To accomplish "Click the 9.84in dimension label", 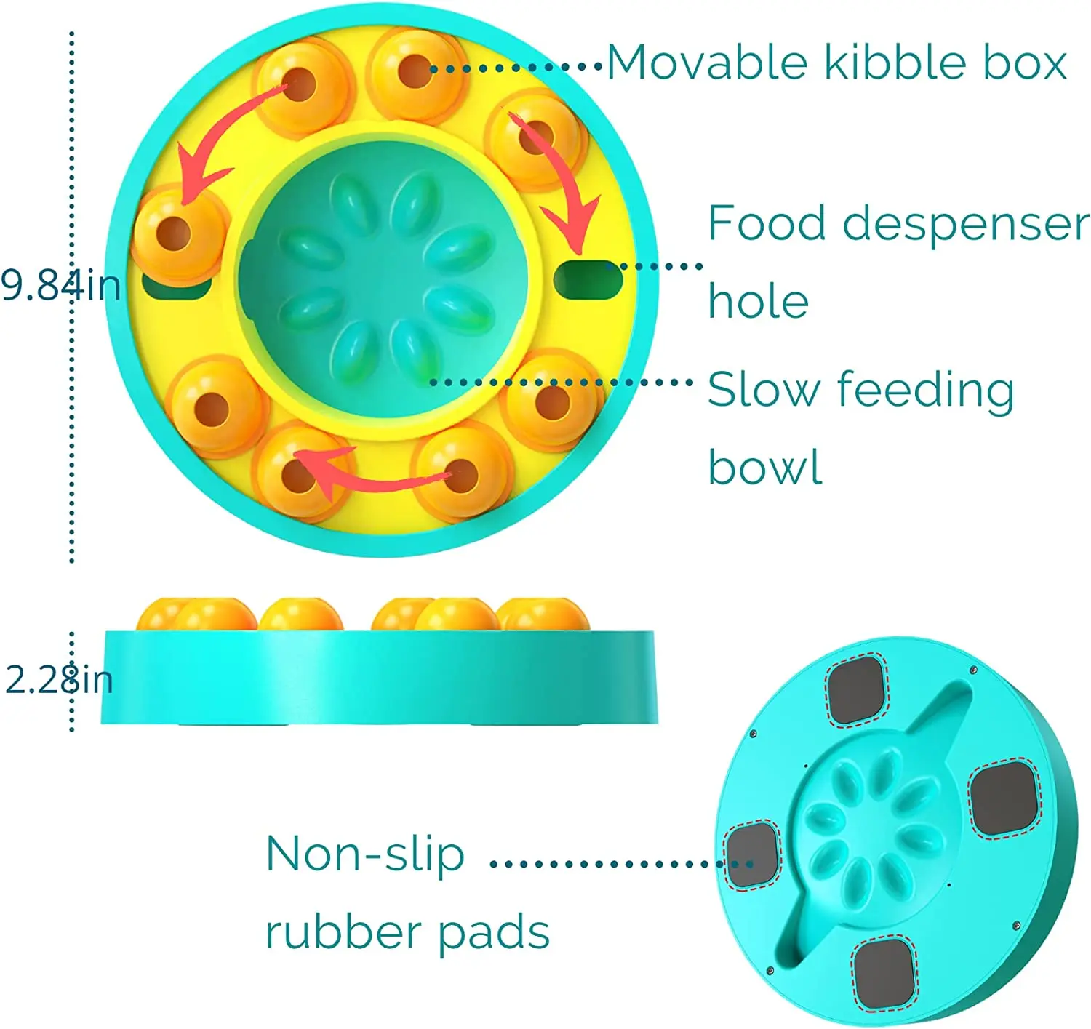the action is (60, 284).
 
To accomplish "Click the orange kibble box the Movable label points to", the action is (415, 71).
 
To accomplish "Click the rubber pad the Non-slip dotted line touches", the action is (752, 855).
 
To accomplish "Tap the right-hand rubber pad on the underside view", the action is (1004, 798).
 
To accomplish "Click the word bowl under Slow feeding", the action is (765, 468).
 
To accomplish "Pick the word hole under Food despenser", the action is (759, 302).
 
